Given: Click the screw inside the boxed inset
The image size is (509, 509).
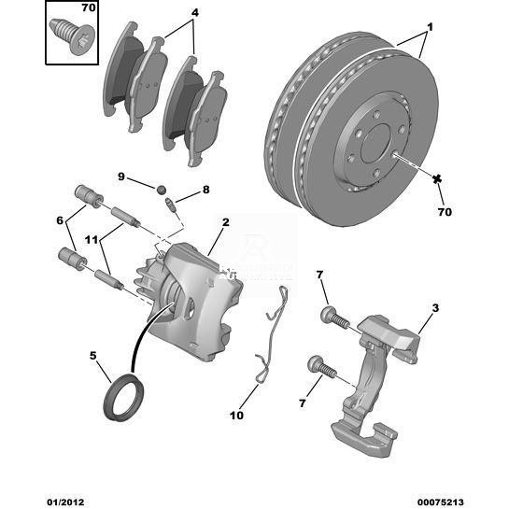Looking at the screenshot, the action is [74, 36].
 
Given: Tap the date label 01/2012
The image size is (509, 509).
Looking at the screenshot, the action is [65, 502].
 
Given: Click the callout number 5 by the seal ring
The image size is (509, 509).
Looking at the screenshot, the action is [93, 356].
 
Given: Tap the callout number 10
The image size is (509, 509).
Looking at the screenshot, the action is [236, 416].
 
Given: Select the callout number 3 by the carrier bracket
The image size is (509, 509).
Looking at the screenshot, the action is [435, 308].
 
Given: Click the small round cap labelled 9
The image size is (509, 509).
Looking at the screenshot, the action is [162, 190].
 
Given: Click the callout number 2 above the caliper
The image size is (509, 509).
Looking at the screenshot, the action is [226, 222].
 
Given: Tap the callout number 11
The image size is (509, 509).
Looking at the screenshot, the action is [92, 240].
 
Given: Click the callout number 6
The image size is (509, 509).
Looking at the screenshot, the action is [60, 220].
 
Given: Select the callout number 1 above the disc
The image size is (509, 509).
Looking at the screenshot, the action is [431, 28].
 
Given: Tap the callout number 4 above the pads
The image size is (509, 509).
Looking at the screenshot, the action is [195, 13].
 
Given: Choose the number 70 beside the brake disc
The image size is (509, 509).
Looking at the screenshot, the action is [445, 212].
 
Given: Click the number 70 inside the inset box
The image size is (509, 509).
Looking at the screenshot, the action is [89, 7].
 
